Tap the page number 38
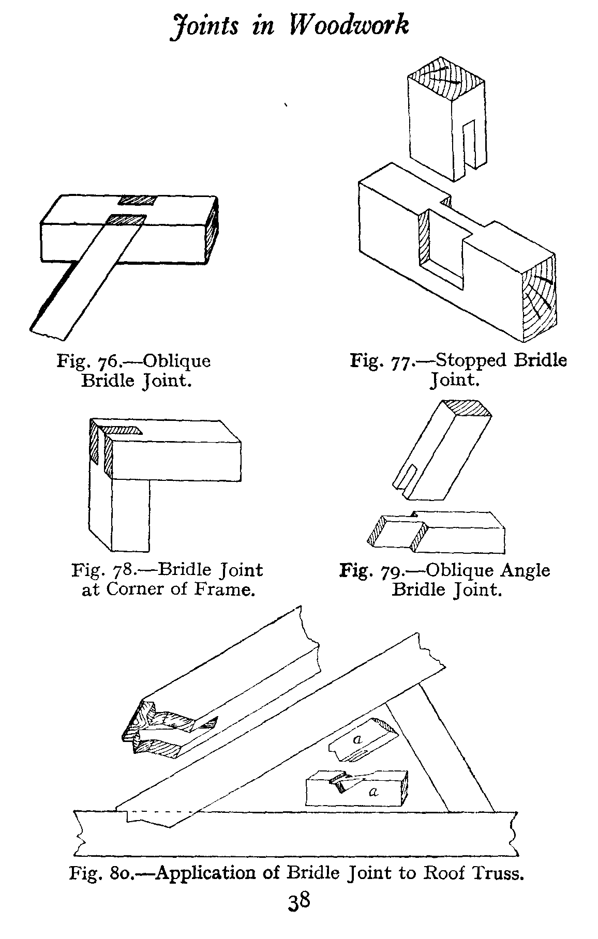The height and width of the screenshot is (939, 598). coord(299,917)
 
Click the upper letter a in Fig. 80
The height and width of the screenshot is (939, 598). coord(356,739)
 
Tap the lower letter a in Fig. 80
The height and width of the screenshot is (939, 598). coord(373,791)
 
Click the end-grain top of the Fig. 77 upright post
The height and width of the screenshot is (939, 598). coord(446,79)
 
